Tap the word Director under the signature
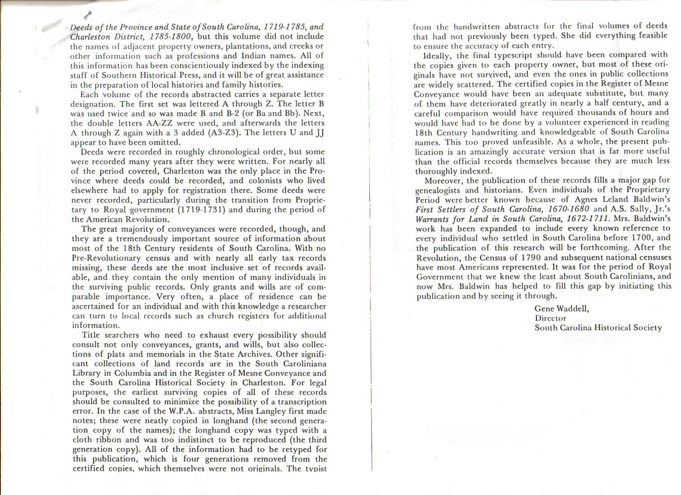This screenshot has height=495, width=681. (550, 318)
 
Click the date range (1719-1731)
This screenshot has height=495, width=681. (202, 210)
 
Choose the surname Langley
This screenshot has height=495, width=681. (272, 411)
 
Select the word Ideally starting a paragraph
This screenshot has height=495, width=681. (437, 55)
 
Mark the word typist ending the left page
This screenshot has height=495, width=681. (315, 468)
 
